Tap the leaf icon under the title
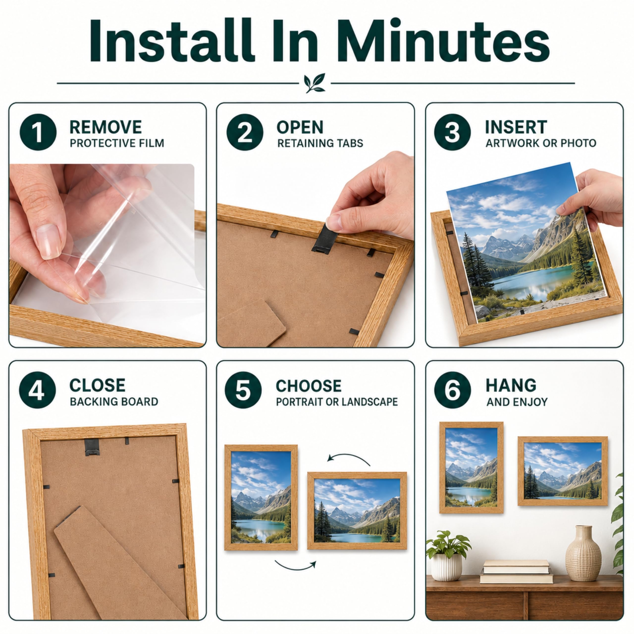point(314,83)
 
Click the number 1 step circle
point(38,132)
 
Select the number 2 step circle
point(245,132)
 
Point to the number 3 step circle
point(452,132)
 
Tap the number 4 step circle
point(37,390)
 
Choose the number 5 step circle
point(243,390)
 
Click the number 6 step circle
point(452,390)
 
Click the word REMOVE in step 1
point(106,127)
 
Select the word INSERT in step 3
point(516,127)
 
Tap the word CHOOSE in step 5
point(309,386)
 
